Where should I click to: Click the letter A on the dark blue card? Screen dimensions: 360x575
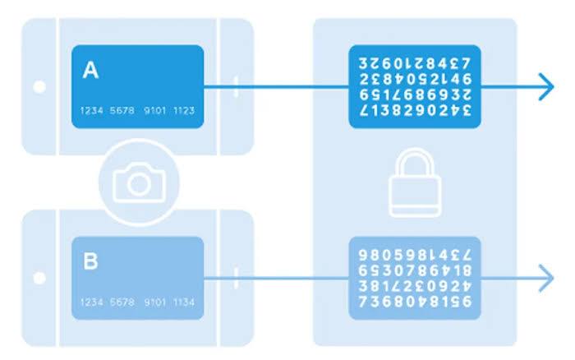90,72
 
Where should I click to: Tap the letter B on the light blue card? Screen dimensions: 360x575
91,263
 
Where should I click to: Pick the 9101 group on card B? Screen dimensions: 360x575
154,302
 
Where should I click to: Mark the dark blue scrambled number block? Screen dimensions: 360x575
414,86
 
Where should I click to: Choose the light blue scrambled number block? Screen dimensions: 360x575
414,278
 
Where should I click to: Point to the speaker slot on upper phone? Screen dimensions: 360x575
236,86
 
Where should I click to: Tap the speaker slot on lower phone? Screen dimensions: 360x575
236,279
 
